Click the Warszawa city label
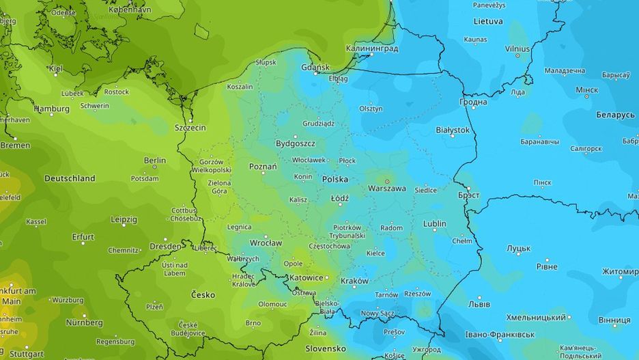387,188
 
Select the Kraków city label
354,281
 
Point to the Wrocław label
266,243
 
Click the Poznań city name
263,166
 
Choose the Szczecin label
190,127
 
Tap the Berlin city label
155,161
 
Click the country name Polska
335,179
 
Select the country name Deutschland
70,178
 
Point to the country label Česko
202,295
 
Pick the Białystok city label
453,130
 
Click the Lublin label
435,223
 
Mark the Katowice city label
304,278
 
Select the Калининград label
373,49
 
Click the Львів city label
479,303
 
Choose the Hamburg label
52,109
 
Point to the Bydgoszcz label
295,143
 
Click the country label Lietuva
487,21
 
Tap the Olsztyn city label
371,109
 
